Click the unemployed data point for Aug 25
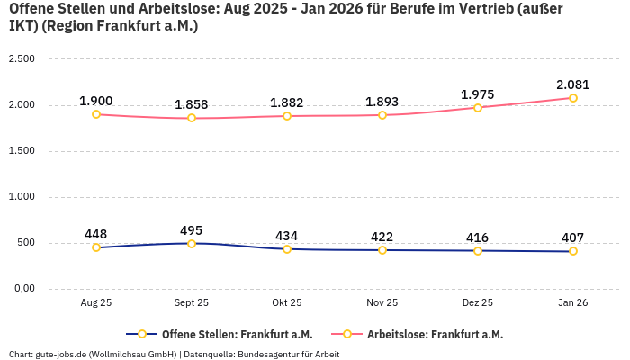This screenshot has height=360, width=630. coord(96,114)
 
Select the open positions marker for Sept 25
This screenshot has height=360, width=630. coord(192,243)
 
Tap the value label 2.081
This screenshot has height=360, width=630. coord(572,85)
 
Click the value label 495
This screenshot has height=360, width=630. coord(192,230)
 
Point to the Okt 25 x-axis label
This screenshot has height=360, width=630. coord(287,303)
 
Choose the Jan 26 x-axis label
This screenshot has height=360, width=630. coord(572,303)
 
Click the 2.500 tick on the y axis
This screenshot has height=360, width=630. coord(21,58)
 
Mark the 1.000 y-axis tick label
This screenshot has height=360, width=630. coord(21,196)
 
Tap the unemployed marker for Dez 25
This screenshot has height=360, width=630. coord(478,107)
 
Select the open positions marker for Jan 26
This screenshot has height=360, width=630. coord(572,251)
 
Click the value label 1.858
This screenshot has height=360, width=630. coord(192,105)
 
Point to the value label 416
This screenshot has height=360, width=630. coord(478,238)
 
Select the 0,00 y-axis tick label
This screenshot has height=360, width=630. coord(21,288)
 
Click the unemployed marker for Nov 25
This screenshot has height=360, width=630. coord(382,115)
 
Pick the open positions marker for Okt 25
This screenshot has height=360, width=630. coord(287,248)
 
